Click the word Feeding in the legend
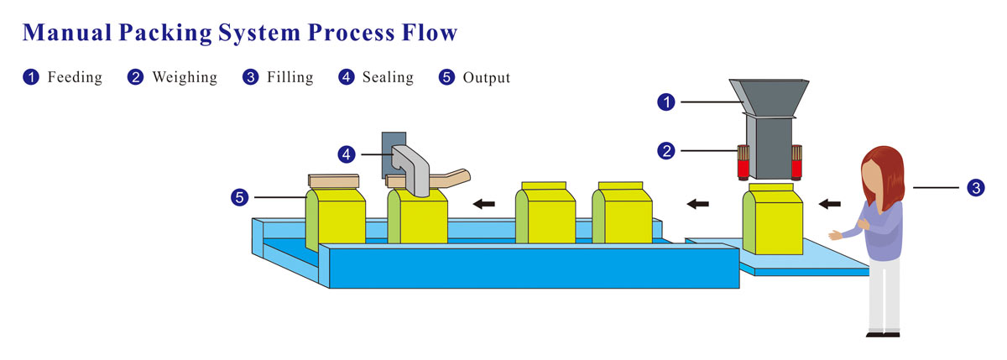pos(75,77)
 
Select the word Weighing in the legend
pos(184,77)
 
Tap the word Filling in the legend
pos(290,77)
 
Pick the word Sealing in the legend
pos(388,77)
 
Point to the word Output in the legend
pos(487,77)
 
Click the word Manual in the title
pos(67,33)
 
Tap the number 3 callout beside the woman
pos(975,189)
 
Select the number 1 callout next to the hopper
pos(666,102)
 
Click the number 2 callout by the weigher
pos(666,151)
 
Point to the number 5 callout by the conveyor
pos(240,198)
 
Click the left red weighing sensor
pos(743,163)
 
